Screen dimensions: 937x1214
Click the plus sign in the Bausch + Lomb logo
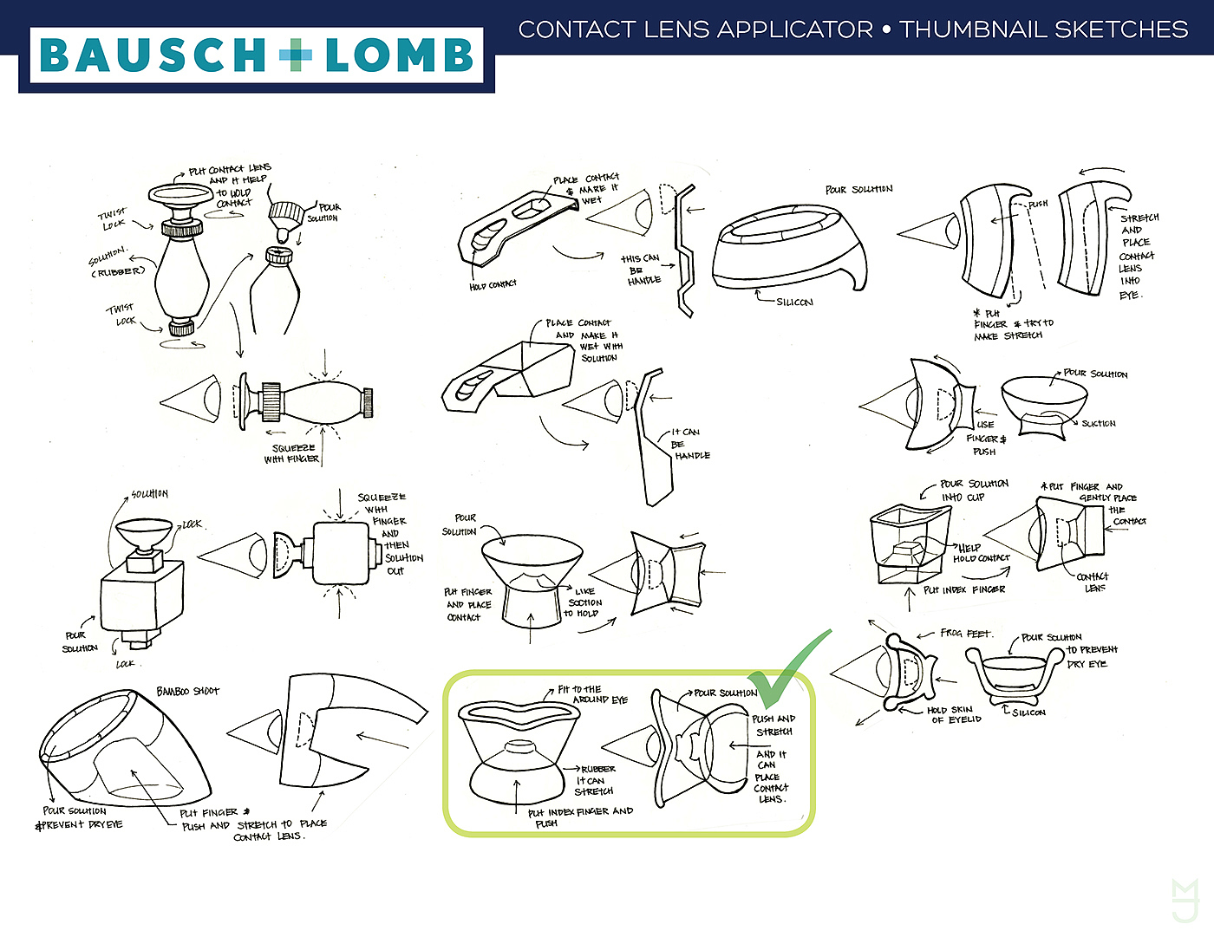pyautogui.click(x=295, y=56)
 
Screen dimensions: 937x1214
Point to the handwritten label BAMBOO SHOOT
pyautogui.click(x=188, y=691)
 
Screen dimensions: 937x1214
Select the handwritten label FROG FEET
pyautogui.click(x=966, y=634)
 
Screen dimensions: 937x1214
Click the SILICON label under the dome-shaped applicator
pyautogui.click(x=794, y=302)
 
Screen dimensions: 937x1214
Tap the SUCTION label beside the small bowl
pyautogui.click(x=1098, y=424)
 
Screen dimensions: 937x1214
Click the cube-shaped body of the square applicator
pyautogui.click(x=141, y=597)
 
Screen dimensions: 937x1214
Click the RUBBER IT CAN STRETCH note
pyautogui.click(x=596, y=780)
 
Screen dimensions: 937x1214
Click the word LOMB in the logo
pyautogui.click(x=400, y=56)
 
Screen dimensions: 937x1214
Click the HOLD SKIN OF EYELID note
pyautogui.click(x=954, y=714)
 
